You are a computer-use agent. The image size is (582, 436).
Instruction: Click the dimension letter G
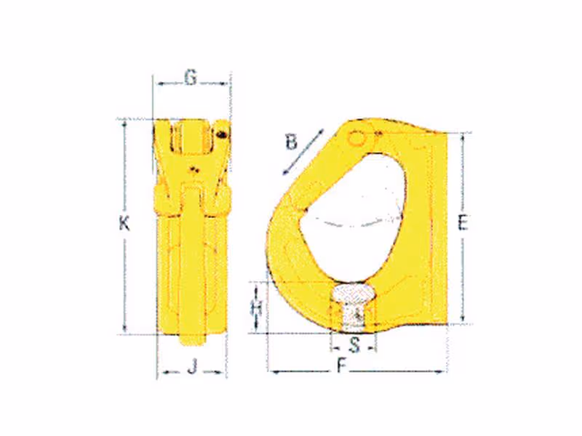coord(191,78)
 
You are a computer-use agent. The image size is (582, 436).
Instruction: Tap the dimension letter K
coord(124,224)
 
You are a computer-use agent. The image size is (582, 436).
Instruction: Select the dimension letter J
coord(192,368)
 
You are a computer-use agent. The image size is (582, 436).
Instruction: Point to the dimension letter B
coord(292,142)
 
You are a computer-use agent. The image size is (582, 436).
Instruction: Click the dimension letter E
coord(463,223)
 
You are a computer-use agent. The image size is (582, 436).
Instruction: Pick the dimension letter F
coord(342,366)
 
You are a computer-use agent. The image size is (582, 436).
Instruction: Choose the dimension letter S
coord(355,346)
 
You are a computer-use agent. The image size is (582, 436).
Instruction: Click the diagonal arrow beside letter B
coord(303,152)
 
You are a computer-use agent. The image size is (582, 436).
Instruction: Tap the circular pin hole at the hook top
coord(356,138)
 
